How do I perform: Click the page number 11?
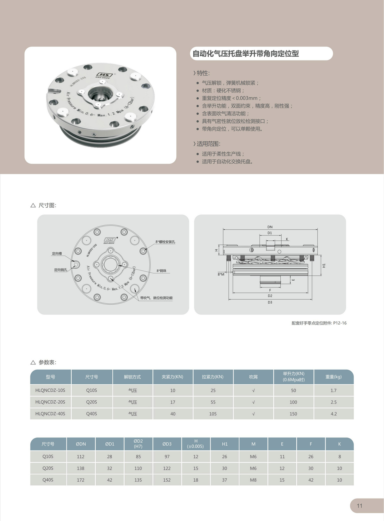pos(359,506)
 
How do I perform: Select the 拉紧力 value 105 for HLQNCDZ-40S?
pos(213,414)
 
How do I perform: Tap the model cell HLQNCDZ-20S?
pos(50,402)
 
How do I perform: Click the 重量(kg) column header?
pos(333,377)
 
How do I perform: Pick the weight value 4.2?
pos(333,414)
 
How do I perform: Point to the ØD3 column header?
pos(167,444)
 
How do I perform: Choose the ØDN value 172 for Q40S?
pos(81,480)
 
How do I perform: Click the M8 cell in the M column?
pos(253,480)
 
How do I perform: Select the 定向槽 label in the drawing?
pos(57,253)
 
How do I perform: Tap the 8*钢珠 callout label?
pos(162,271)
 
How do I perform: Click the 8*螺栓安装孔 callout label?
pos(165,242)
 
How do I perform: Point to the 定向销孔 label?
pos(60,270)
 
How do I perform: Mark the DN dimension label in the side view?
pos(270,227)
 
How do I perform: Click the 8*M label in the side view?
pos(221,274)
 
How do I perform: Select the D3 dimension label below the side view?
pos(270,302)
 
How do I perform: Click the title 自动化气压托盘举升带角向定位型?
pos(245,54)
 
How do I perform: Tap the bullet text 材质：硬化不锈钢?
pos(223,91)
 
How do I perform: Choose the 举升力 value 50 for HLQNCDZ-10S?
pos(293,390)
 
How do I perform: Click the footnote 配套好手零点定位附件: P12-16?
pos(319,323)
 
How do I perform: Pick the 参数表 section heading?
pos(47,362)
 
